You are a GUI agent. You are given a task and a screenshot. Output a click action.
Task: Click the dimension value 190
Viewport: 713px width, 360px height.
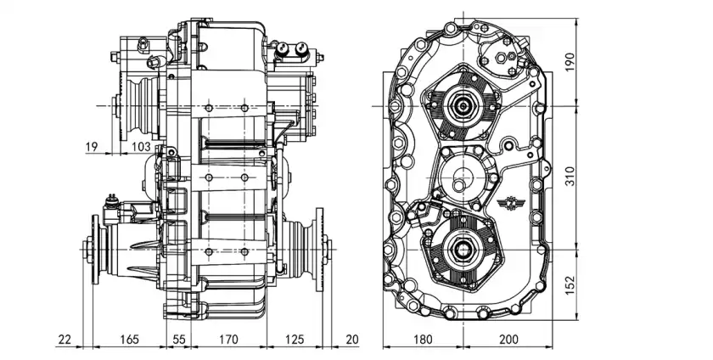click(x=570, y=62)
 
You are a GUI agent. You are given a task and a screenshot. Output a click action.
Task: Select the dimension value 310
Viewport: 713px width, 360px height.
click(x=570, y=177)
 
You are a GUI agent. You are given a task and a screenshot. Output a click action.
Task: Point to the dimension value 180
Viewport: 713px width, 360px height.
click(x=423, y=340)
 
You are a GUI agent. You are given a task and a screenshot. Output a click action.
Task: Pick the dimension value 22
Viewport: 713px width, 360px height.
click(x=65, y=340)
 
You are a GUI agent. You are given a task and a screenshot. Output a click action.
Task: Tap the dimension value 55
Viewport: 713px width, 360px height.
click(x=179, y=340)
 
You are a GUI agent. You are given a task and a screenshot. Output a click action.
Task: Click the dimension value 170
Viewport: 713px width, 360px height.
click(x=227, y=340)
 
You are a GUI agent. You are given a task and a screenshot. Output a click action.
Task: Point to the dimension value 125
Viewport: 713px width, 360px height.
click(x=295, y=340)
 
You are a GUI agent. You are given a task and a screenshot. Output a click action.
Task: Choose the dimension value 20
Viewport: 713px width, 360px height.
click(x=353, y=340)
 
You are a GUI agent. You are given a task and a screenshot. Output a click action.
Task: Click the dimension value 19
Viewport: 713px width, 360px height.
click(x=93, y=147)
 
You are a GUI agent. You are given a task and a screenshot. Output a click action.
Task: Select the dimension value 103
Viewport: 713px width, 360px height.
click(x=142, y=147)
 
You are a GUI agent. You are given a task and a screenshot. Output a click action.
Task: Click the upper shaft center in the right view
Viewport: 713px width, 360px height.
click(x=463, y=106)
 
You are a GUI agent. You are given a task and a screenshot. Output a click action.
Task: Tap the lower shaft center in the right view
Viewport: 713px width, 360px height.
click(x=463, y=247)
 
